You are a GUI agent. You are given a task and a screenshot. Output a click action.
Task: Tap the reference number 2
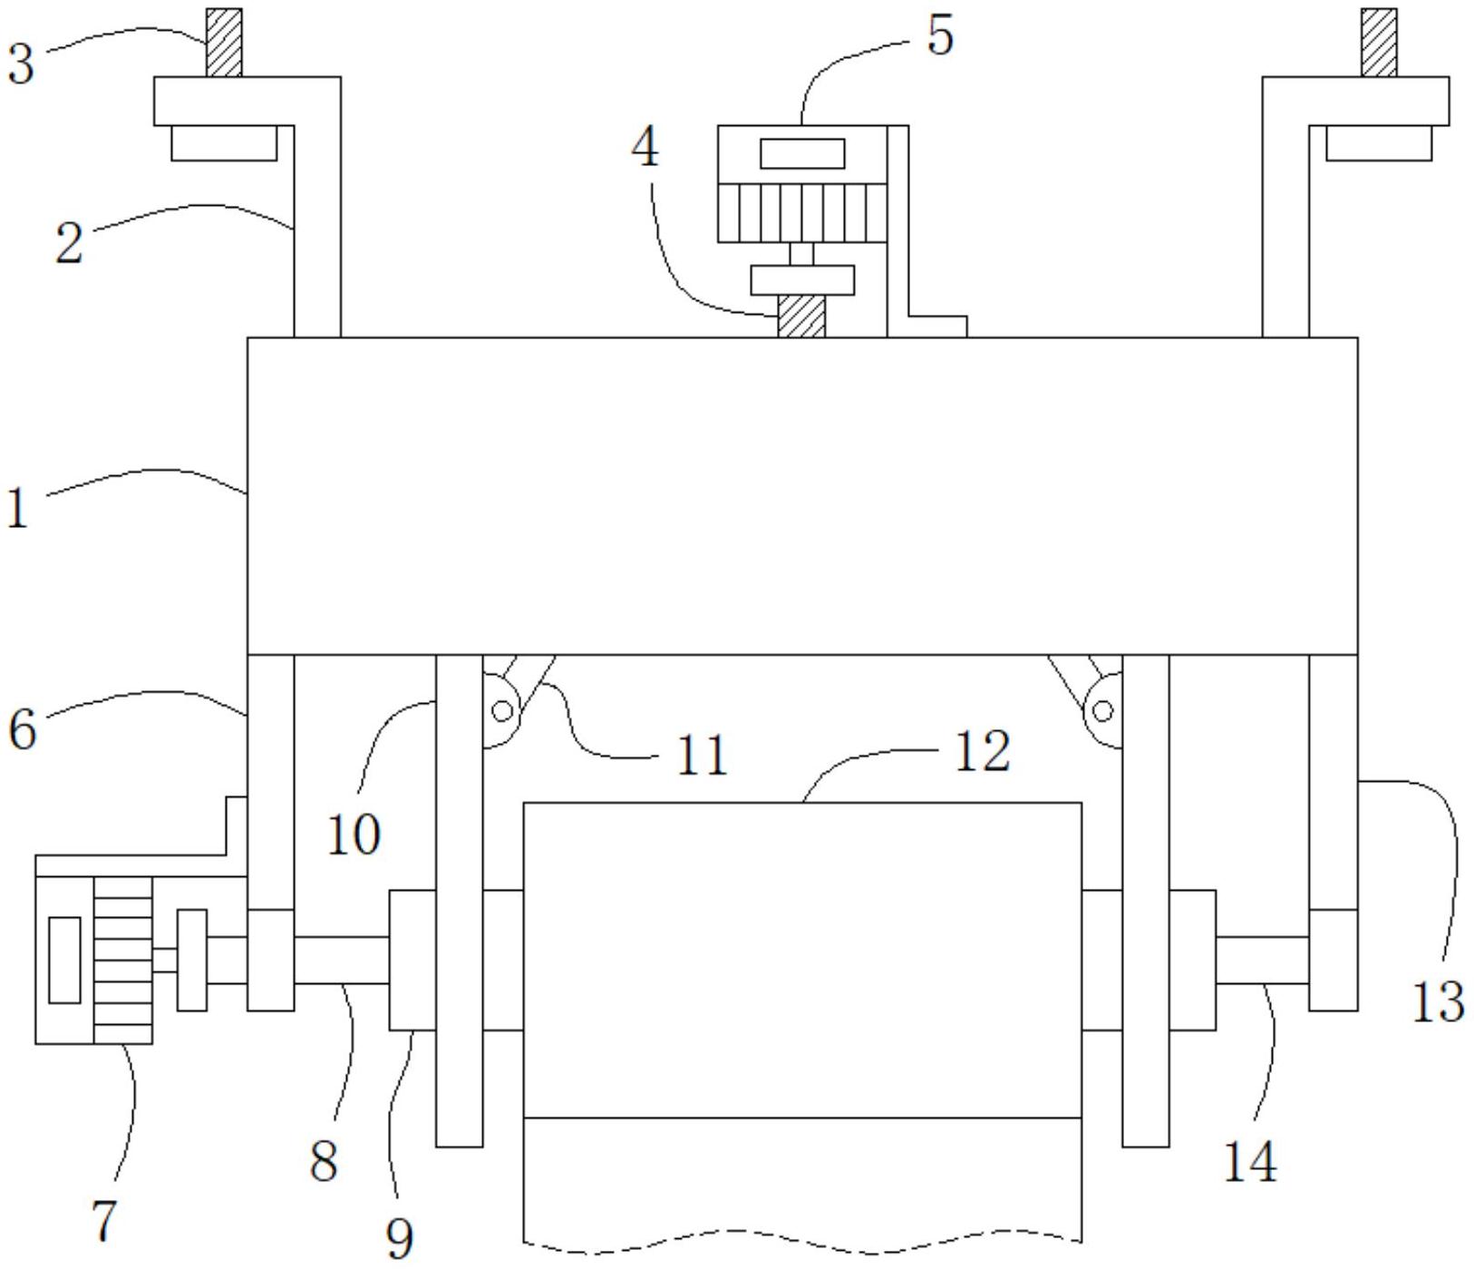[x=68, y=244]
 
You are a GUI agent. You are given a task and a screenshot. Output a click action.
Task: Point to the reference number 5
[x=940, y=36]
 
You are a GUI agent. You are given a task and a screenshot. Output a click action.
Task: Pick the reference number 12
[x=983, y=752]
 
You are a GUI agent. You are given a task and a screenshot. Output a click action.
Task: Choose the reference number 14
[x=1250, y=1162]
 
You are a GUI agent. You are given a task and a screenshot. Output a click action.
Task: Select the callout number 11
[x=703, y=756]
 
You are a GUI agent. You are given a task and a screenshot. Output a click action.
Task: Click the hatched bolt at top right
[x=1379, y=43]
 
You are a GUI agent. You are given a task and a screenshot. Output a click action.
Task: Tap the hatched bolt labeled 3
[x=224, y=43]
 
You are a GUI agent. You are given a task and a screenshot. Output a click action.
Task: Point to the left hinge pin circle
[x=501, y=710]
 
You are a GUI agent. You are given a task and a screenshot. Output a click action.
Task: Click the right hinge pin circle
[x=1103, y=710]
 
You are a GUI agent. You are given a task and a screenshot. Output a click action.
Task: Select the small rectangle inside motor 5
[x=802, y=153]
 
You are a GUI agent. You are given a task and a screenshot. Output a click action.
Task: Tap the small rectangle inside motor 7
[x=64, y=960]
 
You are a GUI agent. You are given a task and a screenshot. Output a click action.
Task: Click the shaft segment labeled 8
[x=341, y=960]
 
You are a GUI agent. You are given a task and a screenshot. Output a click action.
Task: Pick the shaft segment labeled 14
[x=1262, y=960]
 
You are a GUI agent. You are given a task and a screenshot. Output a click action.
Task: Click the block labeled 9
[x=412, y=960]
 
